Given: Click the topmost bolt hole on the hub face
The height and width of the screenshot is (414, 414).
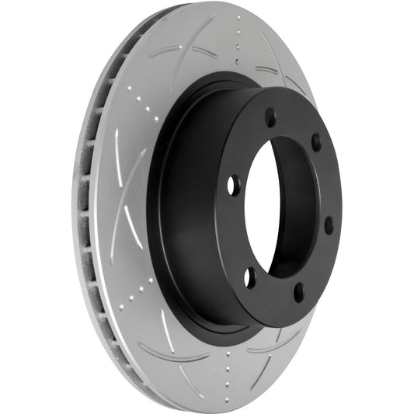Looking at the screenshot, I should tap(270, 119).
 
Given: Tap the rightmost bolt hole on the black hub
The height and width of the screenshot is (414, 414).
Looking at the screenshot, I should tap(329, 225).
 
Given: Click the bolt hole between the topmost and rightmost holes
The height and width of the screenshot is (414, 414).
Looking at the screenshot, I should tap(315, 143).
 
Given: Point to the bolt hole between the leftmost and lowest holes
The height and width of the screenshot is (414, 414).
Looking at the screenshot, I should tap(250, 277).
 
